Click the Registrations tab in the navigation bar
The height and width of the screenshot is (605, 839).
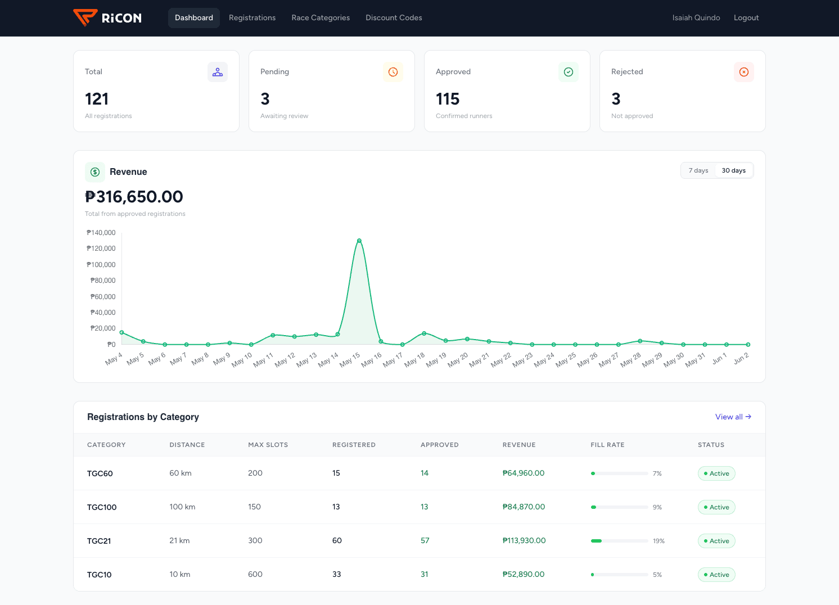[x=252, y=17]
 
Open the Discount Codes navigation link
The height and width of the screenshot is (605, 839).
[x=394, y=17]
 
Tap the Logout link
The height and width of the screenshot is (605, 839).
[x=746, y=17]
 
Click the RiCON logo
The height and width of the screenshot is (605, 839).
[x=107, y=17]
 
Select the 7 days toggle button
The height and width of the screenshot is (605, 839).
[x=698, y=170]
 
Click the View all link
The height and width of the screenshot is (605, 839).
[x=733, y=417]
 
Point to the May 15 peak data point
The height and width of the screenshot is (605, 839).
[x=359, y=241]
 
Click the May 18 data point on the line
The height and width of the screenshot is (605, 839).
[x=424, y=333]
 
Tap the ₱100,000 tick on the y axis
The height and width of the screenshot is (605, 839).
[x=101, y=264]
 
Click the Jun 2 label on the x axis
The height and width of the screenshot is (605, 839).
[x=741, y=359]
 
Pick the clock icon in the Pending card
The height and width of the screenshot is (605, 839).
[x=393, y=72]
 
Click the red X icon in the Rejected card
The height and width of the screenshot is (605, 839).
[x=744, y=72]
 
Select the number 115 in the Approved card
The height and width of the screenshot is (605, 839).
[x=448, y=99]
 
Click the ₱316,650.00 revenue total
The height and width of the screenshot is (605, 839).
[x=134, y=197]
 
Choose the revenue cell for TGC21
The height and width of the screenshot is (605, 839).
[x=524, y=540]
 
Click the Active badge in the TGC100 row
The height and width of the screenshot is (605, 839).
[x=716, y=507]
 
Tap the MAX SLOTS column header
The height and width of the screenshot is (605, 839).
[x=268, y=445]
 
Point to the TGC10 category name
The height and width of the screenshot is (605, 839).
[x=100, y=575]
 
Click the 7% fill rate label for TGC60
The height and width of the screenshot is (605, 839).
[x=657, y=473]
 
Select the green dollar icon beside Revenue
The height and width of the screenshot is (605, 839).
[x=95, y=172]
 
